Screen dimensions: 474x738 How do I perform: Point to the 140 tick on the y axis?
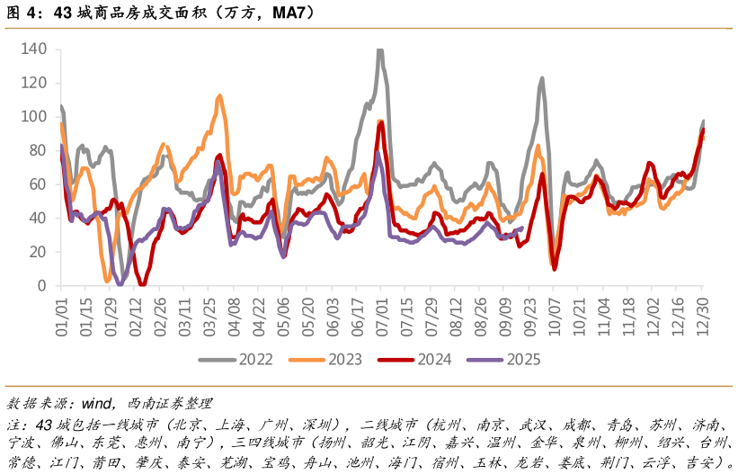coord(33,49)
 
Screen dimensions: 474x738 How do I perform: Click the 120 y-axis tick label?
coord(33,83)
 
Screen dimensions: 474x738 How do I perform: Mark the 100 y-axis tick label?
coord(33,117)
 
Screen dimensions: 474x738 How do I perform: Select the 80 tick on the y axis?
coord(38,150)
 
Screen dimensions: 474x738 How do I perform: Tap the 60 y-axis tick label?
coord(38,184)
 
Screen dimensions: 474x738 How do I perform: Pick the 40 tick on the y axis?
coord(38,219)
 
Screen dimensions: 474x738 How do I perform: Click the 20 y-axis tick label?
coord(38,252)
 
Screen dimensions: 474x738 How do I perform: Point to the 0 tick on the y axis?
coord(42,286)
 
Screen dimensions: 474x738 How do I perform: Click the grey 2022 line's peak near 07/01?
coord(379,51)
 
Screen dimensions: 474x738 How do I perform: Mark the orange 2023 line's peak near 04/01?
coord(219,95)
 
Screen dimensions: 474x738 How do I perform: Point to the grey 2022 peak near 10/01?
coord(542,78)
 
